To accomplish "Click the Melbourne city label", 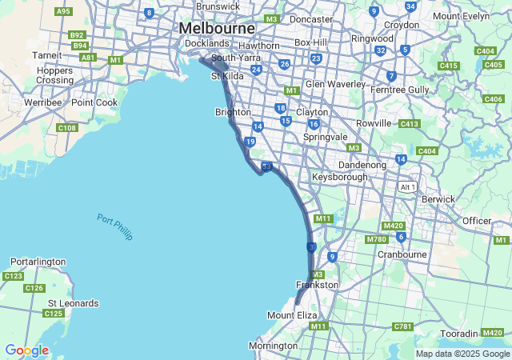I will [217, 28].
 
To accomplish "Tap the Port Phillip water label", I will [115, 227].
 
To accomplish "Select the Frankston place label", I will [318, 285].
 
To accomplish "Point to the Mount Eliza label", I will [292, 315].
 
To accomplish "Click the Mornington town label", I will [273, 346].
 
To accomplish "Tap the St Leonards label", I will [74, 303].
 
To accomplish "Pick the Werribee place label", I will [42, 102].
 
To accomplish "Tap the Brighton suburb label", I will [233, 113].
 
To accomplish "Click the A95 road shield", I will [64, 11].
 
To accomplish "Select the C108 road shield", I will [67, 128].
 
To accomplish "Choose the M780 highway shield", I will [376, 239].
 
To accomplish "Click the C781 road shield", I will [402, 326].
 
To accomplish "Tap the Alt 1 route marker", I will [408, 186].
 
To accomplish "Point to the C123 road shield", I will [13, 276].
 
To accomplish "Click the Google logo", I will [26, 350].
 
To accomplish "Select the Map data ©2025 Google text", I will [462, 354].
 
